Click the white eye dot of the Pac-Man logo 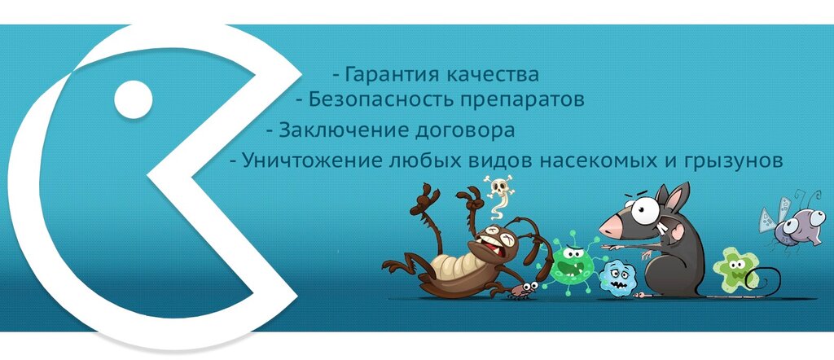click(x=134, y=99)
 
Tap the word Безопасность click(x=381, y=99)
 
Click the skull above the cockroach click(x=499, y=187)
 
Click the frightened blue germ click(x=617, y=278)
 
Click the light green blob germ click(x=735, y=269)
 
